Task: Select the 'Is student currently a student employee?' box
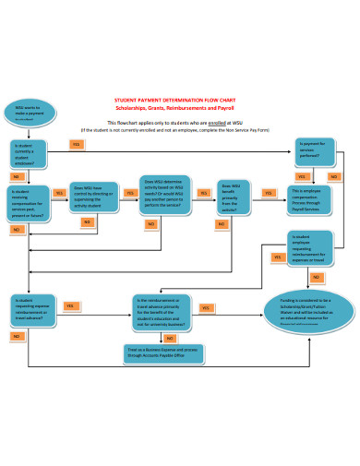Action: coord(30,152)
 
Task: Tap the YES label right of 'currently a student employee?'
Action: coord(76,144)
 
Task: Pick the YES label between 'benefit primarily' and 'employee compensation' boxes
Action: coord(269,193)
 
